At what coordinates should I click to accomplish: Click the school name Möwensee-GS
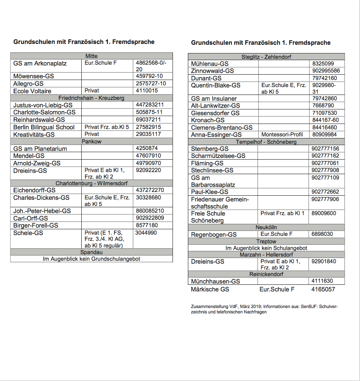(x=34, y=76)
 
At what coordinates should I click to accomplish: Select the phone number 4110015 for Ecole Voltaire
(x=147, y=91)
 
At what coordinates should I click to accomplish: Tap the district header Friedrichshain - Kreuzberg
(x=91, y=98)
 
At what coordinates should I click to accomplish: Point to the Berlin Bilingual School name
(x=44, y=127)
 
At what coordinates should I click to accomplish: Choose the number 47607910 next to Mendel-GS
(x=148, y=156)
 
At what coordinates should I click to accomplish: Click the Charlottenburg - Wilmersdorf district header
(x=91, y=183)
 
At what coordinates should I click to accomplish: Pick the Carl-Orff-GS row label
(x=31, y=218)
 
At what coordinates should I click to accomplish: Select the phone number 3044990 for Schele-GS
(x=146, y=233)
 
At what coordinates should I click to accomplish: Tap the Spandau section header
(x=91, y=252)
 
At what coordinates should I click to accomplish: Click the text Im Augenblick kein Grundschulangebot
(x=91, y=259)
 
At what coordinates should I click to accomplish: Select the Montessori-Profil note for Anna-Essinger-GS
(x=282, y=135)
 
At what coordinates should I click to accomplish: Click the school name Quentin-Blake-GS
(x=216, y=85)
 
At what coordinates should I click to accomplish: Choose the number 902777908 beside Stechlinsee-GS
(x=325, y=170)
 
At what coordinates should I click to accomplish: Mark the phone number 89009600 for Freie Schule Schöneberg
(x=324, y=214)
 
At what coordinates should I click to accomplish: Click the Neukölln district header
(x=266, y=227)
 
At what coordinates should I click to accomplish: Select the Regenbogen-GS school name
(x=214, y=234)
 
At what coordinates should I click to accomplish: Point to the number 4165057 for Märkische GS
(x=323, y=289)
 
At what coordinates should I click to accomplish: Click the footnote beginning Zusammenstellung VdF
(x=264, y=309)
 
